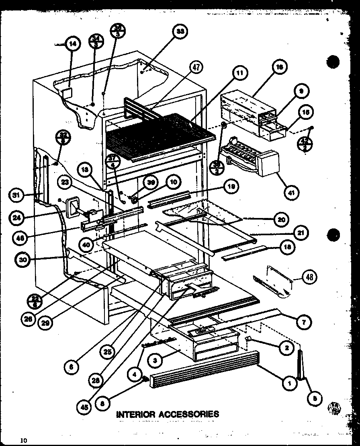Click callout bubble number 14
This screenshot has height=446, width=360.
tap(72, 44)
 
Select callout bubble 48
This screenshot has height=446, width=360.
tap(310, 277)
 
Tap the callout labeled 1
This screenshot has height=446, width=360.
tap(289, 384)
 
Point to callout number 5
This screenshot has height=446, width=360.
tap(315, 398)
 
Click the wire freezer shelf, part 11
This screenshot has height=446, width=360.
tap(161, 133)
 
